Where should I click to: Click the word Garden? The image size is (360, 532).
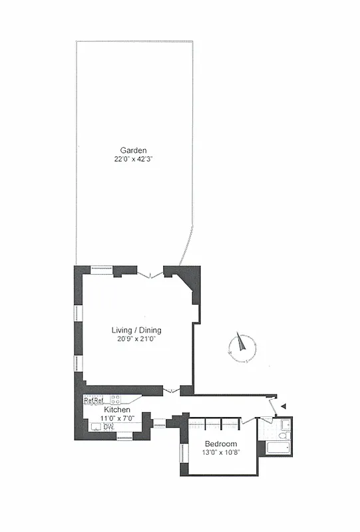tap(133, 150)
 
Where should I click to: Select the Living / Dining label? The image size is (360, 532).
tap(136, 330)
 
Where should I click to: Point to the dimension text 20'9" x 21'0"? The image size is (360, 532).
tap(136, 339)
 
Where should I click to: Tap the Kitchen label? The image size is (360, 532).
tap(117, 410)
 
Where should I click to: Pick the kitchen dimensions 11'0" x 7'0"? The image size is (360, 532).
tap(117, 418)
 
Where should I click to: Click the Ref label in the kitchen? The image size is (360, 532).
tap(93, 400)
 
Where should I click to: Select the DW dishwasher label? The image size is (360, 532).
tap(108, 426)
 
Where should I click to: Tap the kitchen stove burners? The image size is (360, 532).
tap(115, 400)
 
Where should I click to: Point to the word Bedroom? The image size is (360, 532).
tap(220, 444)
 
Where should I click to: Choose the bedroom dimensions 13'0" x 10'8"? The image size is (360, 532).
tap(220, 453)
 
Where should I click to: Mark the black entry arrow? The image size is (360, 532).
tap(283, 405)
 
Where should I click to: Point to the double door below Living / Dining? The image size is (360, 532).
tap(172, 390)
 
